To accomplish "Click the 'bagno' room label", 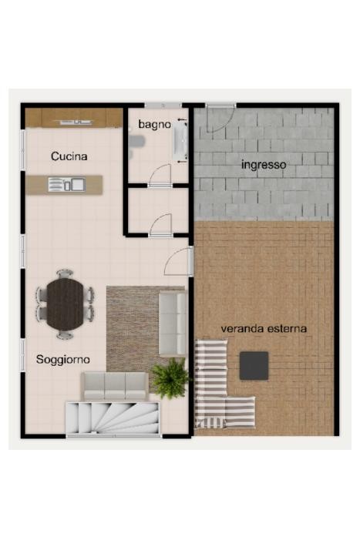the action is (x=154, y=125).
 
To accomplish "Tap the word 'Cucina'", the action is (x=69, y=156).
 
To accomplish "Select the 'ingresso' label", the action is (x=264, y=165).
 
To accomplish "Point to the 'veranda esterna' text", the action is (x=264, y=329).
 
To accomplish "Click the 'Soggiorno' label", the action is (x=63, y=360).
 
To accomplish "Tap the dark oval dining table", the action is (x=65, y=304).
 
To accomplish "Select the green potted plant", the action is (x=170, y=378).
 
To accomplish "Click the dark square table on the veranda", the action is (x=254, y=366).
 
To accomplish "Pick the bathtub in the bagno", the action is (x=180, y=140).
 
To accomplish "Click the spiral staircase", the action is (x=113, y=418).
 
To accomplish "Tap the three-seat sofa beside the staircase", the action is (x=115, y=386).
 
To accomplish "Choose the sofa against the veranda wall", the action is (x=173, y=324).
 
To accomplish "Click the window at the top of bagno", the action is (x=163, y=105).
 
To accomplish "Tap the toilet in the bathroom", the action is (x=136, y=141).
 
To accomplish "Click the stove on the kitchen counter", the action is (x=76, y=122).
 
